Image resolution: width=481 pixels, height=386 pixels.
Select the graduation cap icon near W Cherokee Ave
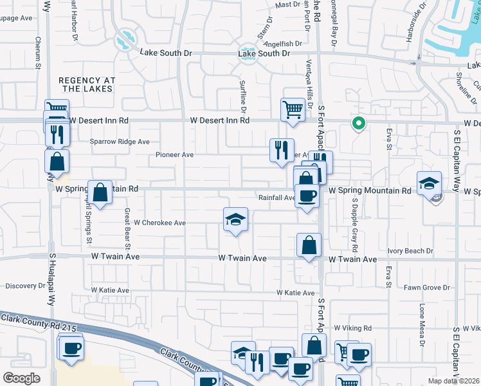click(x=235, y=220)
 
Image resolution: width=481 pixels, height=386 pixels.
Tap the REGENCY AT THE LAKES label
click(x=87, y=84)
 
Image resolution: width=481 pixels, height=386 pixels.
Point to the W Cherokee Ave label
click(x=159, y=223)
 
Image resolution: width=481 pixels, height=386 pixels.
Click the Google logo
click(x=21, y=378)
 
